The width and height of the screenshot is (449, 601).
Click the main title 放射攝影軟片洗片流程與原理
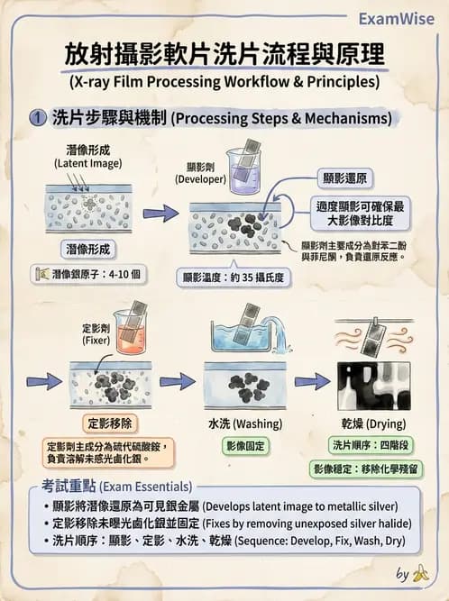pos(224,53)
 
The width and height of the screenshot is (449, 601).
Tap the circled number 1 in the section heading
pos(37,118)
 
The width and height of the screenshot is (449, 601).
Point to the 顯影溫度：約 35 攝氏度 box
pos(232,277)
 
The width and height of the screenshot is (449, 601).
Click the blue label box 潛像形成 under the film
pos(87,248)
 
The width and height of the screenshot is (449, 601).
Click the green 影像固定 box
pos(246,446)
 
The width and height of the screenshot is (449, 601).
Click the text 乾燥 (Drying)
pos(373,423)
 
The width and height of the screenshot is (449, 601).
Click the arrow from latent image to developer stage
pos(160,214)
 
